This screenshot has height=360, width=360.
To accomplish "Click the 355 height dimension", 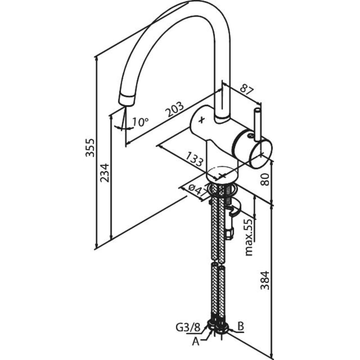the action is (x=90, y=147).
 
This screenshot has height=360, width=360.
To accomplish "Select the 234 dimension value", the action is (x=104, y=173).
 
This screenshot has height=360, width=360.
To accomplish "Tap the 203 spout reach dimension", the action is (x=175, y=109).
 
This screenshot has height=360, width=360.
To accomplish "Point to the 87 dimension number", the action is (x=247, y=89).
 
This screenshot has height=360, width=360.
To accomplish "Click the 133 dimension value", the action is (x=194, y=159).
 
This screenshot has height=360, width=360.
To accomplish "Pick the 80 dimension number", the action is (x=265, y=179).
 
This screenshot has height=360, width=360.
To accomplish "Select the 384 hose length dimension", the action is (x=265, y=280).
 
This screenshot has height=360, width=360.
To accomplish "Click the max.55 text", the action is (x=249, y=238).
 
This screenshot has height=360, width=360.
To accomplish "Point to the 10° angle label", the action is (x=141, y=121).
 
